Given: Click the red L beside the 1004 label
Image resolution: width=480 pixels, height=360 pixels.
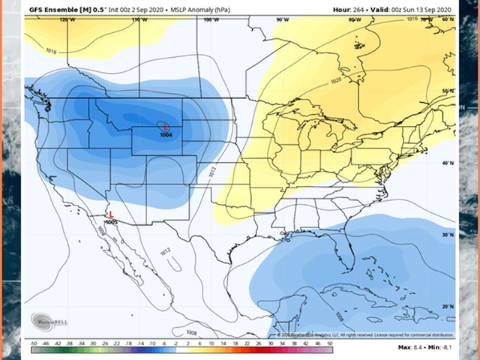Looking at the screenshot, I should [x=165, y=127].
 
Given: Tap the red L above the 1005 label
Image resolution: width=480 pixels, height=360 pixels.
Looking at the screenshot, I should [x=111, y=214].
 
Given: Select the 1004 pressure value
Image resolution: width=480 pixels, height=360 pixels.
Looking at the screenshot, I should [x=166, y=135].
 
